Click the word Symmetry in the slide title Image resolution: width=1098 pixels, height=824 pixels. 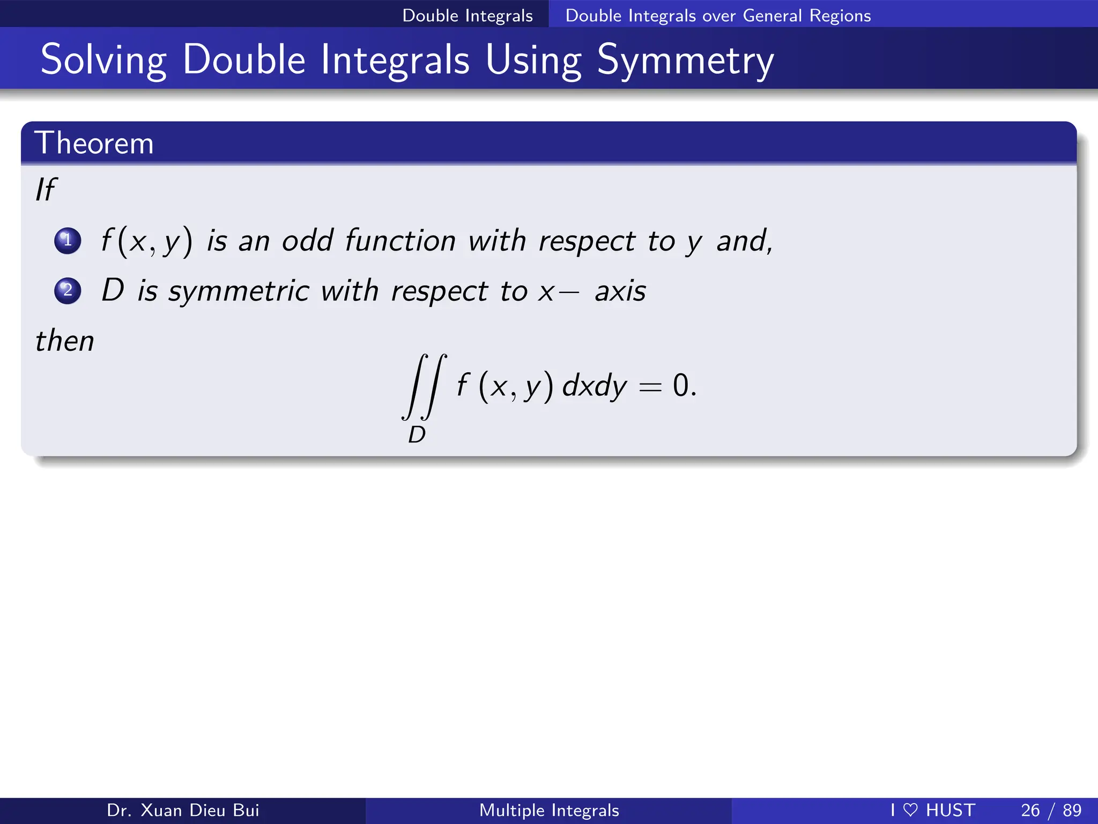coord(685,60)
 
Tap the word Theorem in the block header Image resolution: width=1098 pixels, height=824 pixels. coord(94,143)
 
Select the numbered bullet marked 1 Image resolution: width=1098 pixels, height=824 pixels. coord(68,240)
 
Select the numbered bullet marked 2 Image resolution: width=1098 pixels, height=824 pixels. coord(68,290)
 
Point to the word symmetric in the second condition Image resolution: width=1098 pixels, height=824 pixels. coord(239,291)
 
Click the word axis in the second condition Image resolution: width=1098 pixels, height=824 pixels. coord(620,291)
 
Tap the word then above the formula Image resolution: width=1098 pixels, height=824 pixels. coord(64,341)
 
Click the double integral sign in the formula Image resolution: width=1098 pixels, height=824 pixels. coord(424,386)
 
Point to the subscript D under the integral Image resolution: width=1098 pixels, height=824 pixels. coord(417,435)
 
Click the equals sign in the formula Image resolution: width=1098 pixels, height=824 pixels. coord(650,386)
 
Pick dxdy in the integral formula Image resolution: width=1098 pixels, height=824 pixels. coord(594,386)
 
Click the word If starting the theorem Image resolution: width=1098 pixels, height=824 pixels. coord(46,189)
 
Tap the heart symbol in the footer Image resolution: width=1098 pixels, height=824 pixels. coord(910,810)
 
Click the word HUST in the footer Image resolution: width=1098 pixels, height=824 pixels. coord(951,810)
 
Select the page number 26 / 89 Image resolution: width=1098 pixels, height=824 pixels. coord(1051,810)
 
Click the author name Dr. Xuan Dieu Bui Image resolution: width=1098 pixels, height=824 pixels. coord(183,810)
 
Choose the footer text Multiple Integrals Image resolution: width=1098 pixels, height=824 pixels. coord(549,810)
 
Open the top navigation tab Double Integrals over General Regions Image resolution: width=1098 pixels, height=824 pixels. coord(718,15)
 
